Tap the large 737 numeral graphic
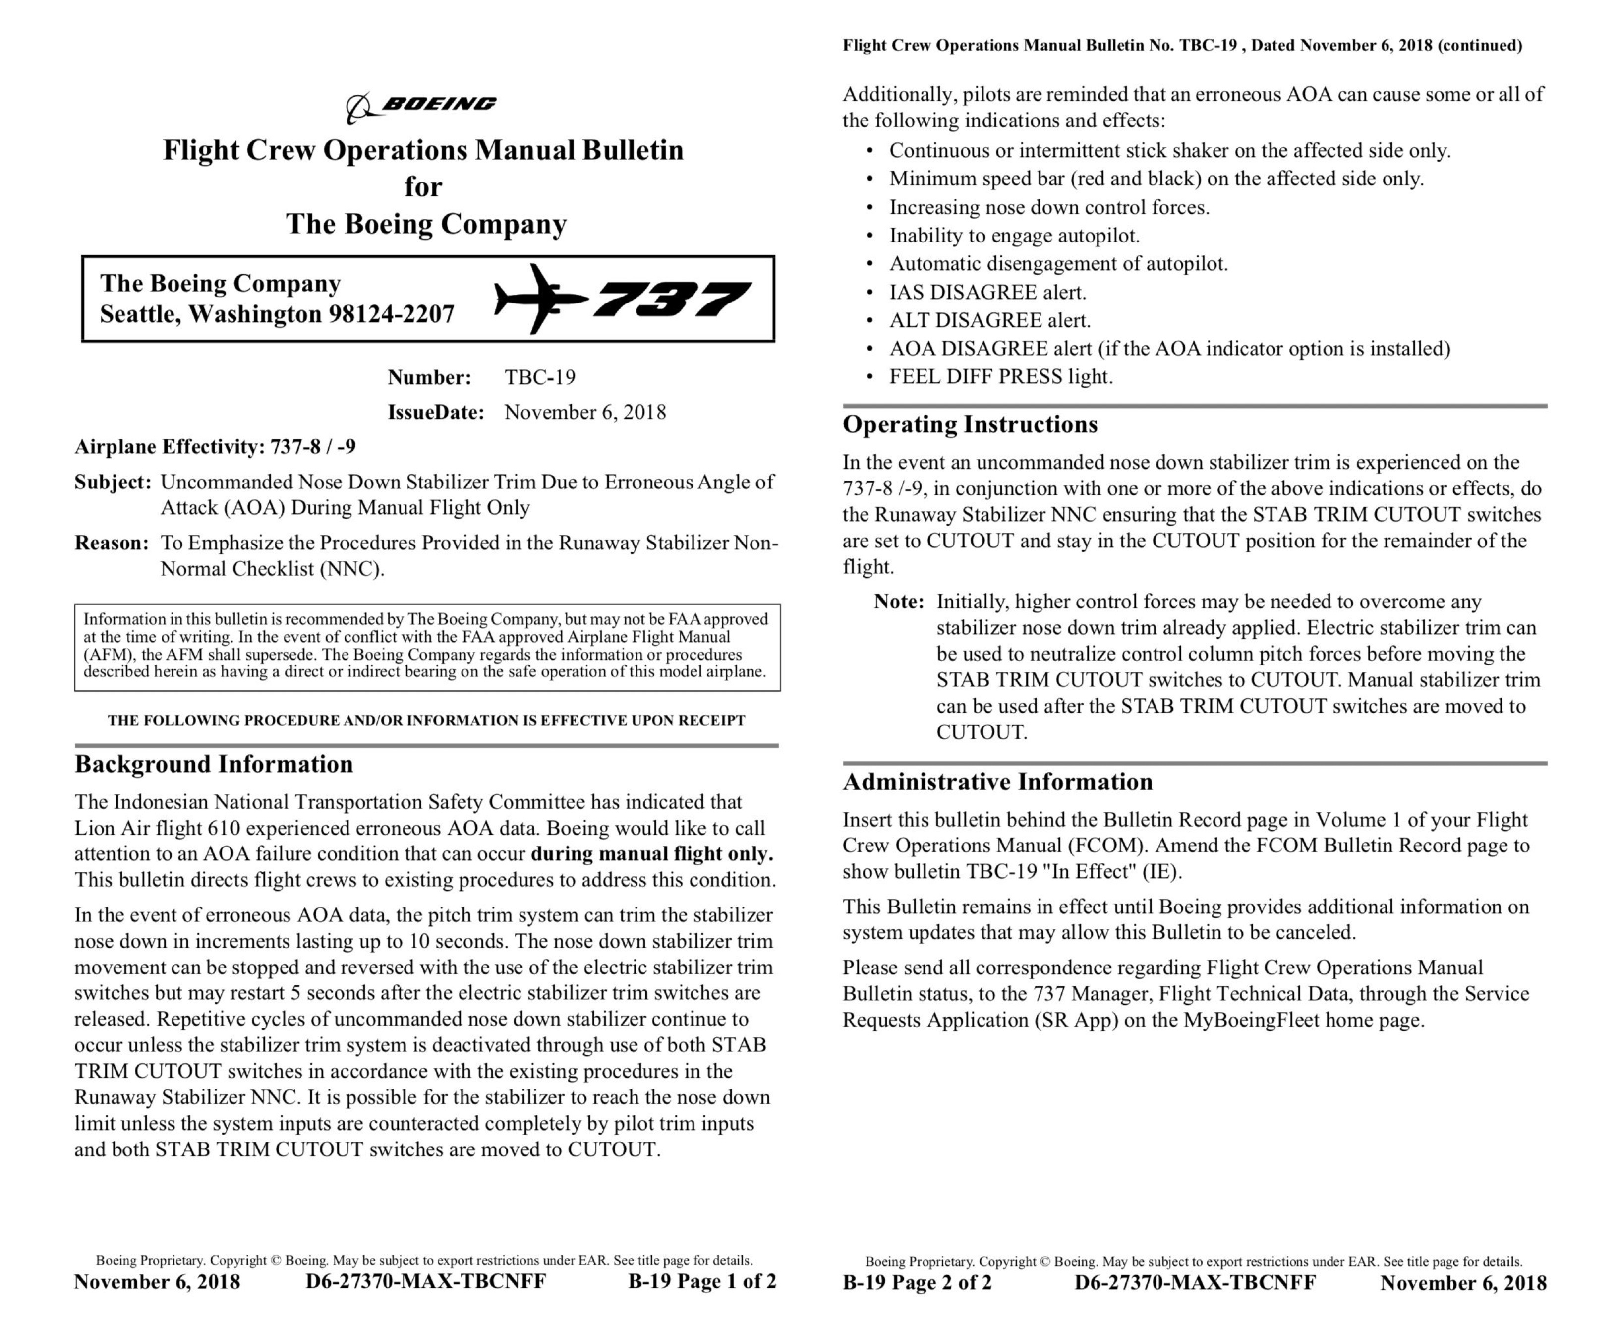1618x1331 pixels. point(671,300)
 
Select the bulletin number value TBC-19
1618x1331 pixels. point(540,377)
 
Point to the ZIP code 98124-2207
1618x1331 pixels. point(391,314)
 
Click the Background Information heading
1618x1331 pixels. point(214,764)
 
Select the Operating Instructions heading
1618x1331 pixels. point(970,424)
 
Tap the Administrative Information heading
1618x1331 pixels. point(997,782)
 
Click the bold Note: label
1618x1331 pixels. point(898,602)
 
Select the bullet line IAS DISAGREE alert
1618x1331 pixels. point(987,292)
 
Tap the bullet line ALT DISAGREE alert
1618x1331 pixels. point(989,320)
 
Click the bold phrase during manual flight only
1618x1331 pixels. point(651,854)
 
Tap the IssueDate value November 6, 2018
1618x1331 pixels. point(585,413)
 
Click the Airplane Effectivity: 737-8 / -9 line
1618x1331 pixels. point(215,447)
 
